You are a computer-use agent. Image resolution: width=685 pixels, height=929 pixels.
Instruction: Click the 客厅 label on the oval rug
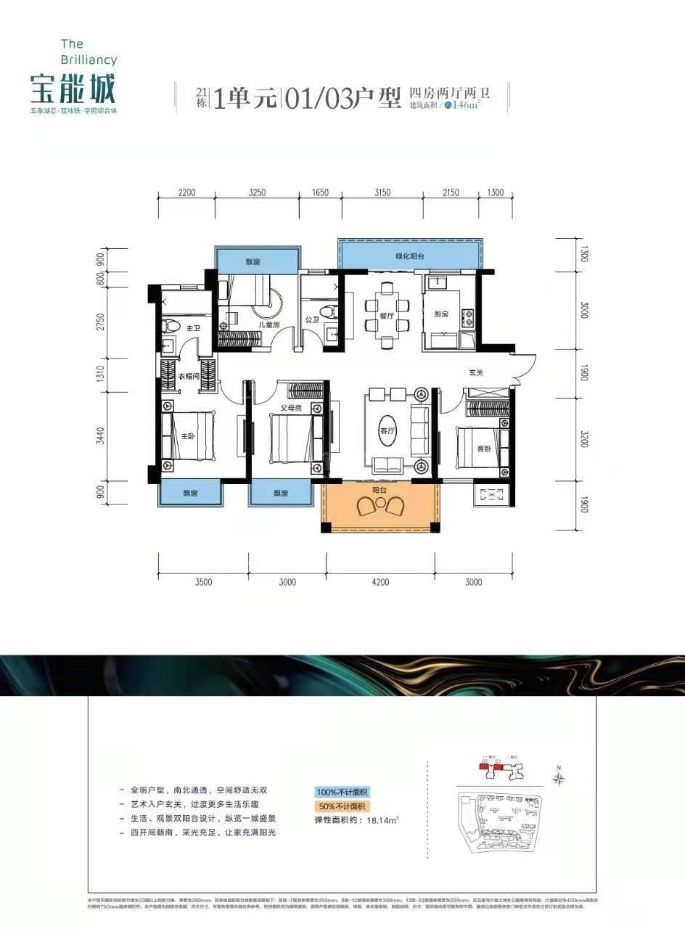click(387, 429)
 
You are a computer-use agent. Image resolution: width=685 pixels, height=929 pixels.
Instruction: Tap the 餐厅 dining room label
click(385, 316)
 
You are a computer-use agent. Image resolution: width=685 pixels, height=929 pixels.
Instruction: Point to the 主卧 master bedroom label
click(188, 436)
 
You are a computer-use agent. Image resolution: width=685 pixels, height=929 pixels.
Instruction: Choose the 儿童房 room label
click(250, 324)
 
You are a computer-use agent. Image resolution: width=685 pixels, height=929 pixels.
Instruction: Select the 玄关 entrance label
click(476, 373)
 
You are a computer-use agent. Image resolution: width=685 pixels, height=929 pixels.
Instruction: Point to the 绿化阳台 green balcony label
click(409, 256)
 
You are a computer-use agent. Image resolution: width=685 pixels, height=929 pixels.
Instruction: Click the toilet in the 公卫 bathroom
click(332, 313)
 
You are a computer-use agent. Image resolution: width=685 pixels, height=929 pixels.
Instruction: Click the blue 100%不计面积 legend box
click(342, 792)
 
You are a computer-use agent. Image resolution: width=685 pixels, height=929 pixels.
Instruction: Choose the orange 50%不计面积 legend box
click(342, 806)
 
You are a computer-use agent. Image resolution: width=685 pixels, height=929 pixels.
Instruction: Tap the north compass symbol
click(559, 779)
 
